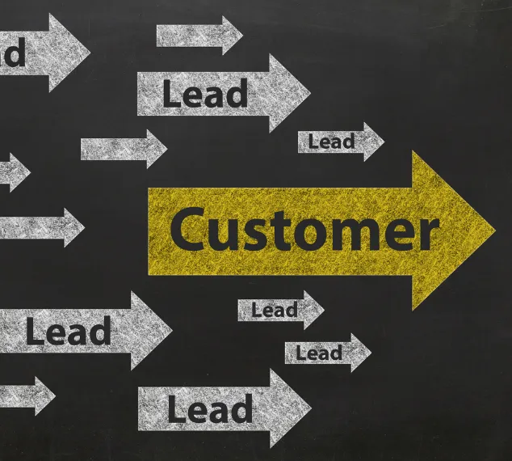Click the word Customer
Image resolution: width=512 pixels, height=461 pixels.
(x=304, y=230)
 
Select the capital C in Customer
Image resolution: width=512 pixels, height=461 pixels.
(x=187, y=230)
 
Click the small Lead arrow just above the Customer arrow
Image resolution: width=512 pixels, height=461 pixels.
(x=332, y=142)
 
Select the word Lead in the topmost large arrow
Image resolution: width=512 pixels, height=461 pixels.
(x=205, y=93)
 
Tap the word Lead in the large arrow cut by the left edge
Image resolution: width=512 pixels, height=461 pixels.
(x=68, y=332)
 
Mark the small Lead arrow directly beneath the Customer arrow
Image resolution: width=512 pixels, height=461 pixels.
(x=275, y=310)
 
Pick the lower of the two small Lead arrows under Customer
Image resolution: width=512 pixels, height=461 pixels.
(x=320, y=353)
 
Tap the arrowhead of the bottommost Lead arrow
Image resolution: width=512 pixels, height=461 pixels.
(x=291, y=407)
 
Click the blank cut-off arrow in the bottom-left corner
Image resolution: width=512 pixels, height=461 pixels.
(x=24, y=395)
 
